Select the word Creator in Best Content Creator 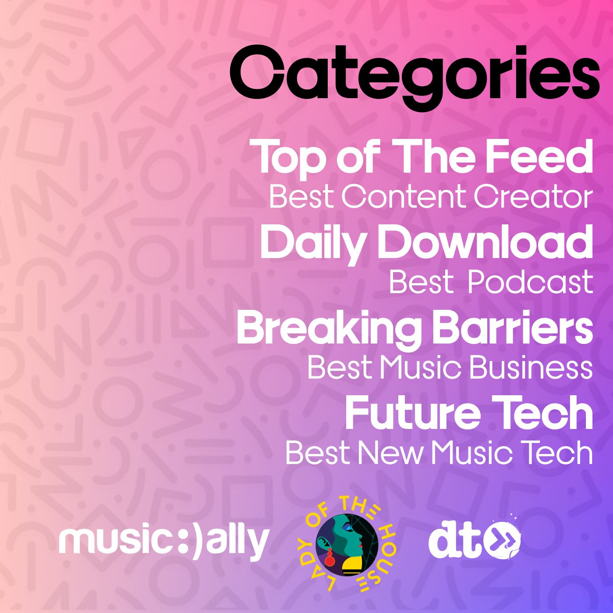[x=533, y=197]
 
